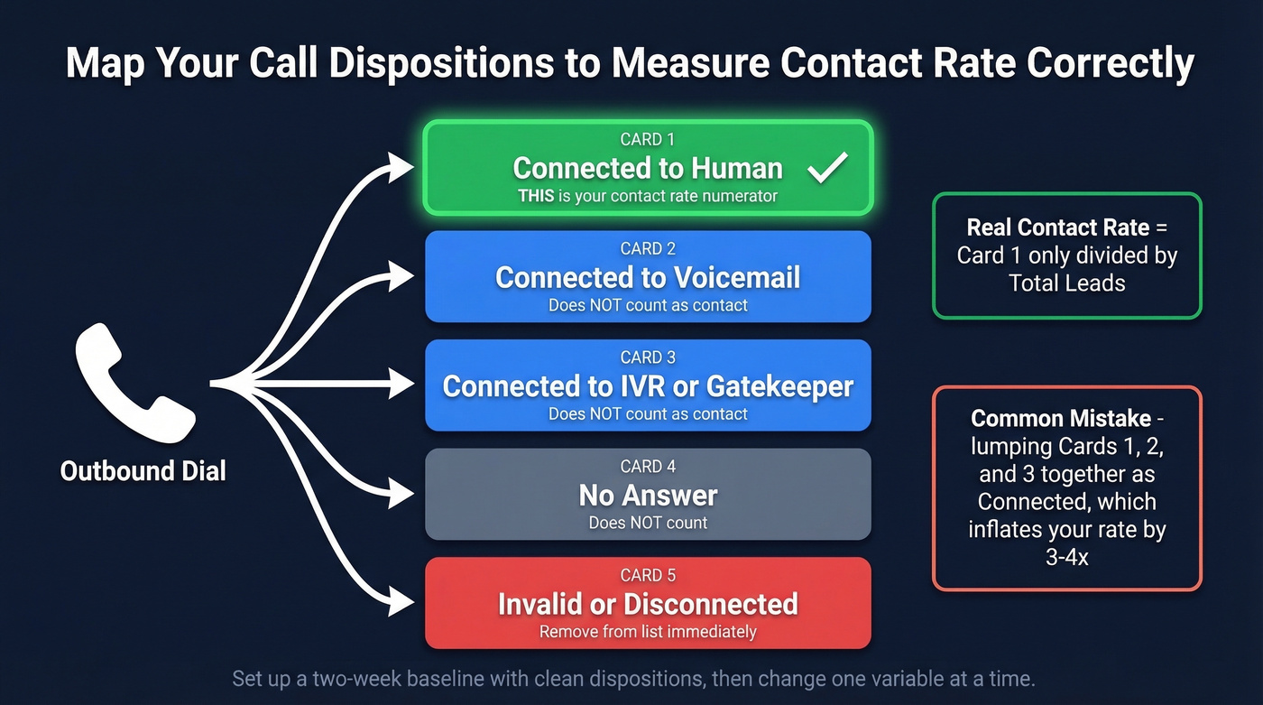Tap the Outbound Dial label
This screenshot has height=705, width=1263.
tap(143, 470)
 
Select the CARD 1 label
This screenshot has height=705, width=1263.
tap(648, 140)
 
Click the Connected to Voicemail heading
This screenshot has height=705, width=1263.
tap(648, 277)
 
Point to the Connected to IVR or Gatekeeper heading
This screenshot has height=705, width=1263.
tap(648, 386)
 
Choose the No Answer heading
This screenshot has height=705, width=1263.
tap(648, 496)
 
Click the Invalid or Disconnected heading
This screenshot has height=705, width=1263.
tap(648, 604)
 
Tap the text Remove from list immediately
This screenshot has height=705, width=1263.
tap(648, 632)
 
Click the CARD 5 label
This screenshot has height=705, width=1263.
tap(648, 576)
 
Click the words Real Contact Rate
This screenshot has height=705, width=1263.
tap(1056, 227)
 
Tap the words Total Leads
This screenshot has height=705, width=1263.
tap(1067, 283)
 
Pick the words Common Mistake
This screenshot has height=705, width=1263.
tap(1061, 419)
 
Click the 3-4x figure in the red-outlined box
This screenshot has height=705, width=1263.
tap(1066, 558)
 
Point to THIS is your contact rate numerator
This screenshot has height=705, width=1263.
tap(648, 196)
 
